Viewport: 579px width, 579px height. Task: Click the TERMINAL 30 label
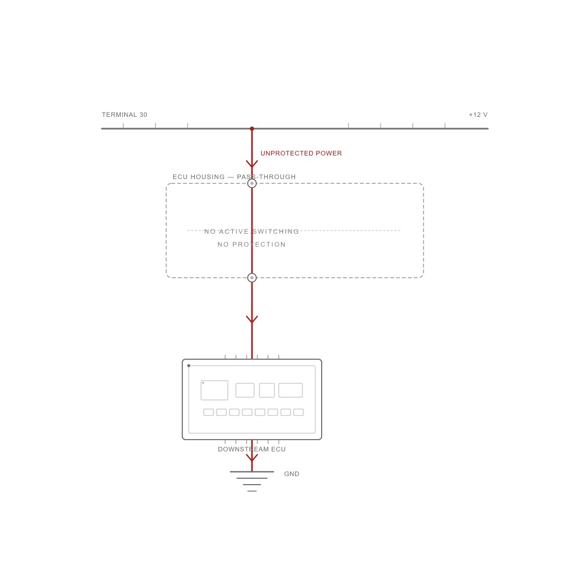click(124, 115)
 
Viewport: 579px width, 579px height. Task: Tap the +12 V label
click(478, 115)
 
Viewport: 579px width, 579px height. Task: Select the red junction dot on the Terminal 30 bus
click(252, 129)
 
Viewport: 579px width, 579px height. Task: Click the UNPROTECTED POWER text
click(301, 153)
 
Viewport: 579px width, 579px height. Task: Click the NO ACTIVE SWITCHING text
click(251, 232)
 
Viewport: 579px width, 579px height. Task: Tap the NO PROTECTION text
click(251, 244)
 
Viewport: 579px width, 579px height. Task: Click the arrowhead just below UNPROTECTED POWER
click(252, 165)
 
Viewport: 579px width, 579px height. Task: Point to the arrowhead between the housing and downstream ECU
click(252, 320)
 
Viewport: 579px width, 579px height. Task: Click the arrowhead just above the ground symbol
click(252, 458)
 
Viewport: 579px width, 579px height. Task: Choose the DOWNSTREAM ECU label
click(252, 449)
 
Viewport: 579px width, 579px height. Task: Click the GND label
click(291, 474)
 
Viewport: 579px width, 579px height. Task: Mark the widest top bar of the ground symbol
click(252, 472)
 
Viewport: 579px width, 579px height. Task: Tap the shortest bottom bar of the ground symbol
click(252, 491)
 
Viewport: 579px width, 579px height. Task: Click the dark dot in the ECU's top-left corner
click(189, 366)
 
